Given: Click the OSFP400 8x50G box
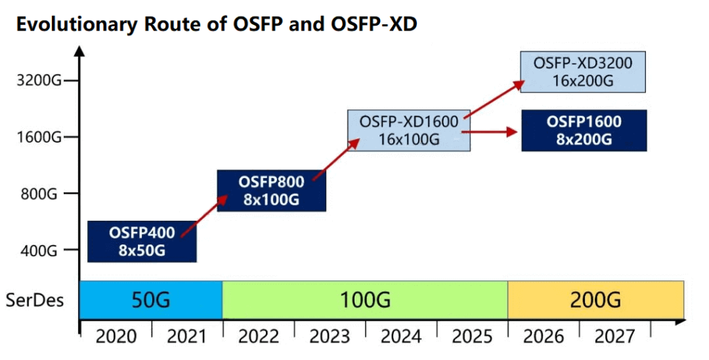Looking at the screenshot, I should (x=142, y=241).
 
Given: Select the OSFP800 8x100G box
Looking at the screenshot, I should (x=272, y=190).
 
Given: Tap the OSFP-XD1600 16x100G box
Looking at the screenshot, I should (x=409, y=130).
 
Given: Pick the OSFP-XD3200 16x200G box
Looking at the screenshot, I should (x=583, y=71).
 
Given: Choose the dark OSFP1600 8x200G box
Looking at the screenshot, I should (x=584, y=130).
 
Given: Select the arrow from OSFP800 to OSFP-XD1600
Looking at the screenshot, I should (x=336, y=160).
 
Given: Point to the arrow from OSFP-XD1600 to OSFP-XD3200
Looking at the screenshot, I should (x=492, y=101).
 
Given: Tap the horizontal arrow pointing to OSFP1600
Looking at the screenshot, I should (x=489, y=131).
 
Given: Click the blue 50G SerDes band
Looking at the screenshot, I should (x=151, y=300).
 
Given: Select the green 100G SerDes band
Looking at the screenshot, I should (x=365, y=300).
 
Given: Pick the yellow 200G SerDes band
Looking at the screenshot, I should (x=595, y=300).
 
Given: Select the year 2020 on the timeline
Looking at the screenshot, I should (x=116, y=336).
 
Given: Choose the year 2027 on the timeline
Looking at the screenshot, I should (x=614, y=336).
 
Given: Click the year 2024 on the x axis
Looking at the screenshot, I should (x=400, y=336).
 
